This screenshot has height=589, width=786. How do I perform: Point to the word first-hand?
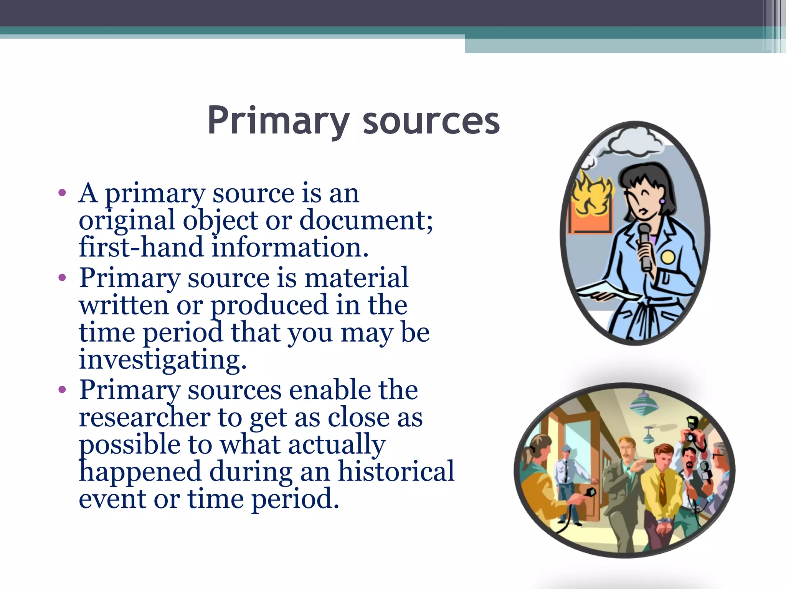pos(141,247)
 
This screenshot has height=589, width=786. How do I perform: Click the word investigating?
pos(162,360)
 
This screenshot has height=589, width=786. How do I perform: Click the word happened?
pos(140,471)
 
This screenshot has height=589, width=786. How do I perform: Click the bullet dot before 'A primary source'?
pos(62,193)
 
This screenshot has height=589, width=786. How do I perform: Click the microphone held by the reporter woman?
pos(644,245)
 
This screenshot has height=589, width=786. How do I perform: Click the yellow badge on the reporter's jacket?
pos(667,257)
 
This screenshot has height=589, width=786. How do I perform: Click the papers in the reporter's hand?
pos(603,291)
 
